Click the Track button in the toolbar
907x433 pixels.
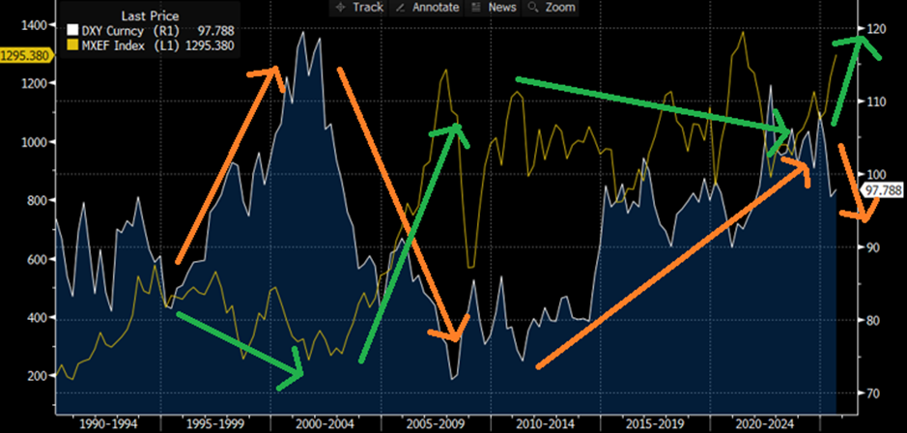pyautogui.click(x=358, y=8)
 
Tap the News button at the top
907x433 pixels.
pyautogui.click(x=495, y=8)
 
